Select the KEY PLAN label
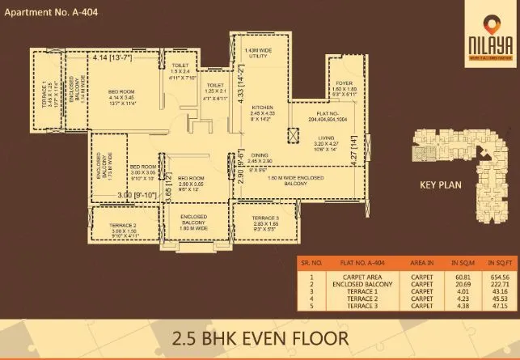(440, 184)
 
